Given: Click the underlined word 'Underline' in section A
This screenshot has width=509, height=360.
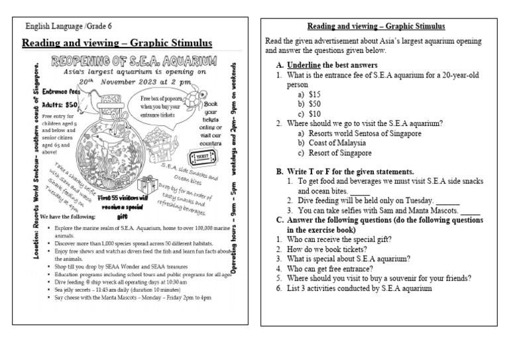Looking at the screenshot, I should pyautogui.click(x=303, y=65).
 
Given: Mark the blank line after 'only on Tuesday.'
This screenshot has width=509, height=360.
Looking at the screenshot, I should pyautogui.click(x=447, y=201).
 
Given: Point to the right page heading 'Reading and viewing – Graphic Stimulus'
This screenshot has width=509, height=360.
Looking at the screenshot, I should pyautogui.click(x=376, y=27).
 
